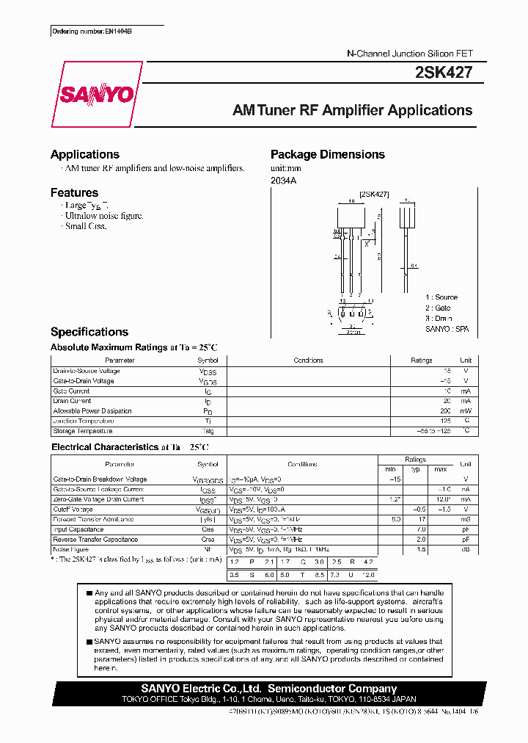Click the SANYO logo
(x=97, y=95)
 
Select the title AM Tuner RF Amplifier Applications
(x=352, y=111)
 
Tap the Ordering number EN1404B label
(x=92, y=32)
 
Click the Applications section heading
(x=84, y=154)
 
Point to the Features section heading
(x=74, y=192)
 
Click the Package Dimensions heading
(x=327, y=154)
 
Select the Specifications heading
(x=89, y=332)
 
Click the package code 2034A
(x=284, y=181)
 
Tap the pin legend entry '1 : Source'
(x=441, y=297)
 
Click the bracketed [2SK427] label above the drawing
(x=374, y=194)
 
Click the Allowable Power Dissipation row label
(x=92, y=411)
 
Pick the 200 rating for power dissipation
(x=445, y=411)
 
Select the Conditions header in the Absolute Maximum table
(x=308, y=360)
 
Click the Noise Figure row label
(x=70, y=549)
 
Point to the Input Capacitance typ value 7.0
(x=422, y=529)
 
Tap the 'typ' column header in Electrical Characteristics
(x=415, y=468)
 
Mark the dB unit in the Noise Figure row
(x=465, y=549)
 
